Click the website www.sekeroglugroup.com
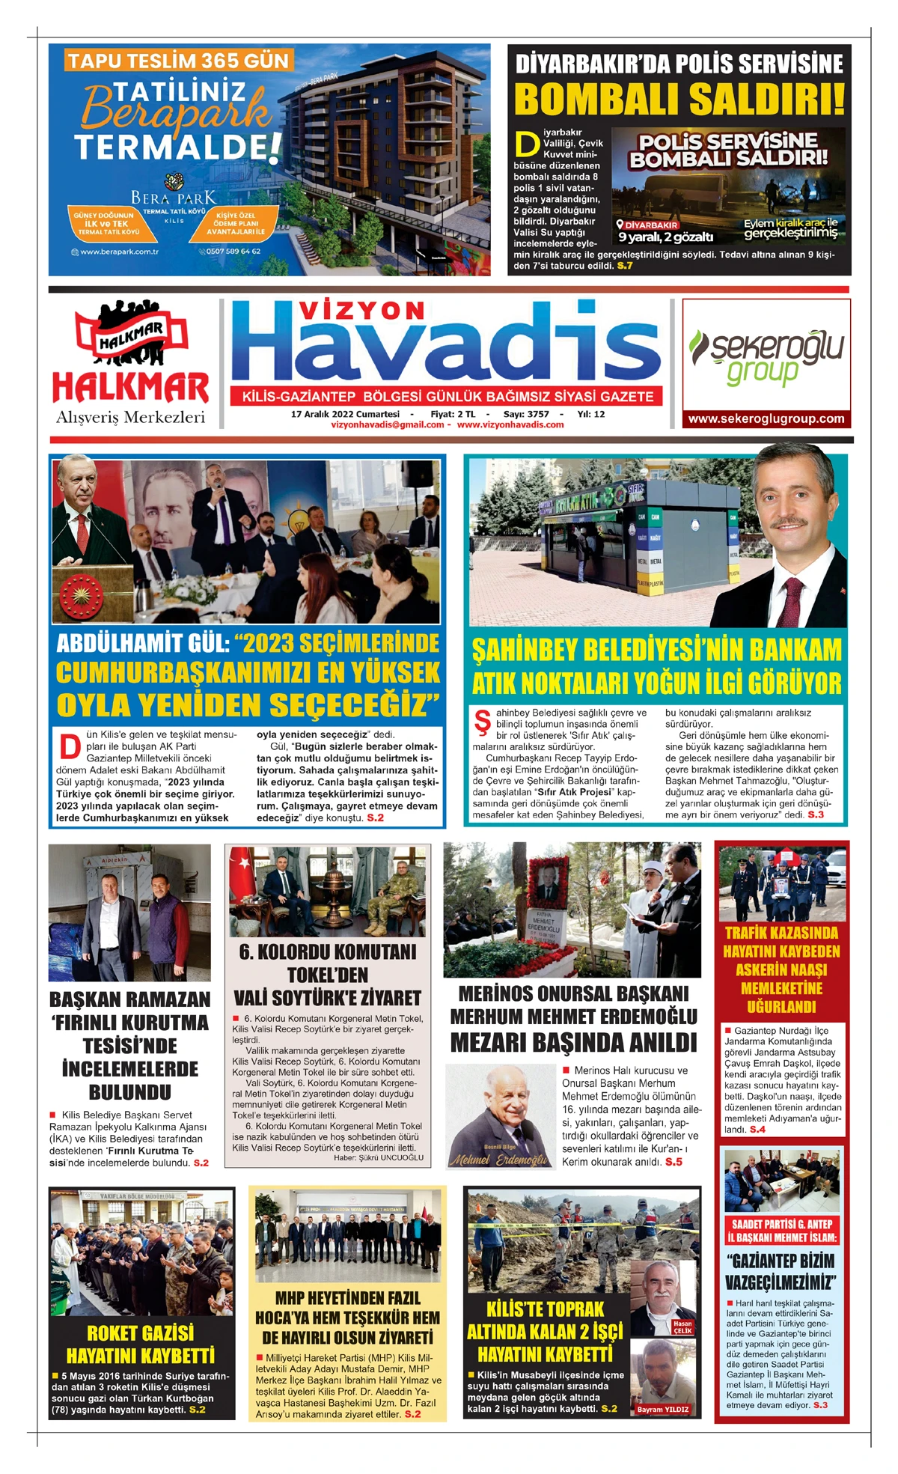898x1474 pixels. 766,419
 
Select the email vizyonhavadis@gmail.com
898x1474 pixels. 388,424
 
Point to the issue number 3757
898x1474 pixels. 537,414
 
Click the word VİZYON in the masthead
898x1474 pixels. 362,311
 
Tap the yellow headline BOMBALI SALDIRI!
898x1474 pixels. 679,99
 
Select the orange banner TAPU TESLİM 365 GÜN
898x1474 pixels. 178,61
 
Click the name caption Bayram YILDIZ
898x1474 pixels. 662,1410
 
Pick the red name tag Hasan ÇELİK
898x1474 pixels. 682,1327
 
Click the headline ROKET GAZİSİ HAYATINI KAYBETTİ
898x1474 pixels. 141,1344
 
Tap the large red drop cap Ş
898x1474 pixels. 483,722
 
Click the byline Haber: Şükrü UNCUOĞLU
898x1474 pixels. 379,1157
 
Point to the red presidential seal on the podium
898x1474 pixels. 81,597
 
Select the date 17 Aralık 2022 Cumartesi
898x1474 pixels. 345,414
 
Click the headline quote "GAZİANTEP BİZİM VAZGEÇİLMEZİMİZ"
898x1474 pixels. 781,1271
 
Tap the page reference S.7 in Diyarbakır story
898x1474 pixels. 624,265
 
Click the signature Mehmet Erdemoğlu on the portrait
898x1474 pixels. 498,1160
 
